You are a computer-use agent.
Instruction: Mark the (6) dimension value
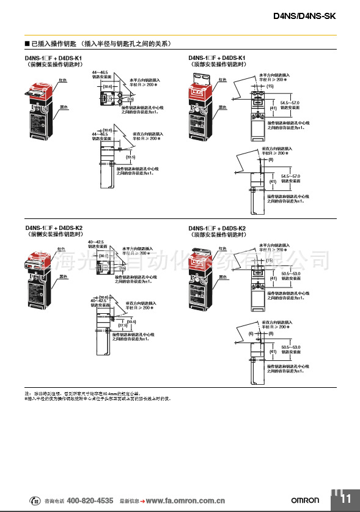pyautogui.click(x=251, y=333)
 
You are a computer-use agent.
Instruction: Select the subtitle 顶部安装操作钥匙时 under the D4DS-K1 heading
pyautogui.click(x=219, y=64)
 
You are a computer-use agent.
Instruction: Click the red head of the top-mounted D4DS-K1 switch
pyautogui.click(x=202, y=94)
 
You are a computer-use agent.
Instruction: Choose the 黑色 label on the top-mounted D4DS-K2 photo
pyautogui.click(x=222, y=276)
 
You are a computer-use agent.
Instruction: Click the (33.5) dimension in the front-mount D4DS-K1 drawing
pyautogui.click(x=130, y=157)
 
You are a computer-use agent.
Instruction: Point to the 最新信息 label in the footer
pyautogui.click(x=129, y=501)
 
